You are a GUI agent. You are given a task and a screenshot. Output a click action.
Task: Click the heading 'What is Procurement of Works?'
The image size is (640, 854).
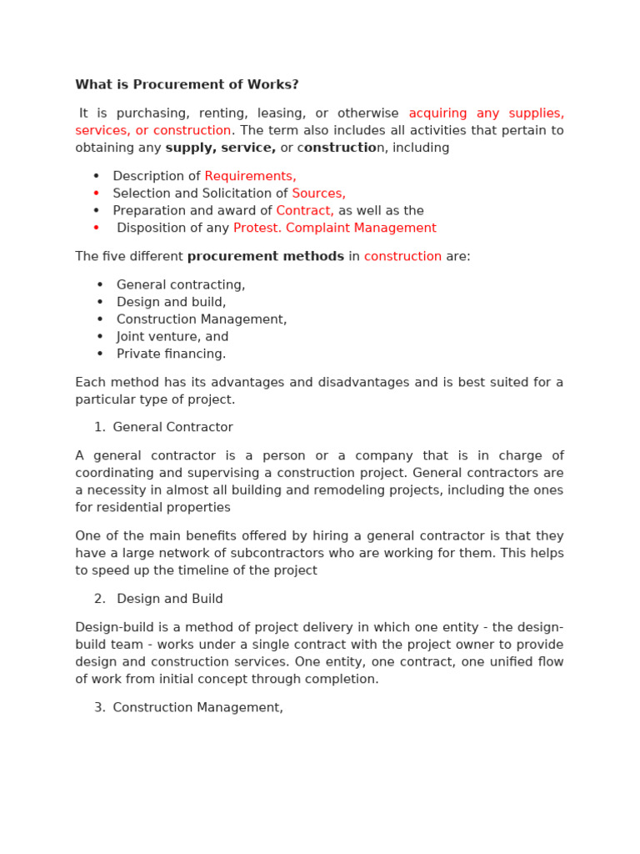(x=187, y=85)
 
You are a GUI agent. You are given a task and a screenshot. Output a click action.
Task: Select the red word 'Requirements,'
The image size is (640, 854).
(x=250, y=176)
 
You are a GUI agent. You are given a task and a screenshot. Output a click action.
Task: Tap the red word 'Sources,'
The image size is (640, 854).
(x=318, y=193)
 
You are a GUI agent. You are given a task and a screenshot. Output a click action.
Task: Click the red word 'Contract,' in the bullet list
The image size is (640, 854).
(x=305, y=211)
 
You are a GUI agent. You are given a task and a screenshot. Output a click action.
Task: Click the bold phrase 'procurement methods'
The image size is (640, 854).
(x=265, y=257)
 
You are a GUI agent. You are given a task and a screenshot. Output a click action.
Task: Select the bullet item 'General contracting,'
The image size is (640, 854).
(x=181, y=285)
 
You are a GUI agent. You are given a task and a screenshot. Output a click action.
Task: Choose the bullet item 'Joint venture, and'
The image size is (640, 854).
(x=172, y=337)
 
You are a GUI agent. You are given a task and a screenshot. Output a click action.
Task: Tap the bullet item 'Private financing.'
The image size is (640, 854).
(x=171, y=354)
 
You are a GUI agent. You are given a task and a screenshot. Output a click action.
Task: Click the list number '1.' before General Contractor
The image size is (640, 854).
(x=100, y=428)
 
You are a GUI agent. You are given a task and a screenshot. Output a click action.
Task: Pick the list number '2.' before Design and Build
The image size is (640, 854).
(x=100, y=600)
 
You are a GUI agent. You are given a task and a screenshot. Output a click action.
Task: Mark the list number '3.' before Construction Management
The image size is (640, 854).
(x=100, y=708)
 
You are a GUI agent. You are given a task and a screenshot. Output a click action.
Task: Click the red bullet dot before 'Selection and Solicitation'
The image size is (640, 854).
(x=97, y=193)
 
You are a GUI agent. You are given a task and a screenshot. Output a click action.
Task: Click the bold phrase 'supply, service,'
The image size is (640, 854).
(x=221, y=148)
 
